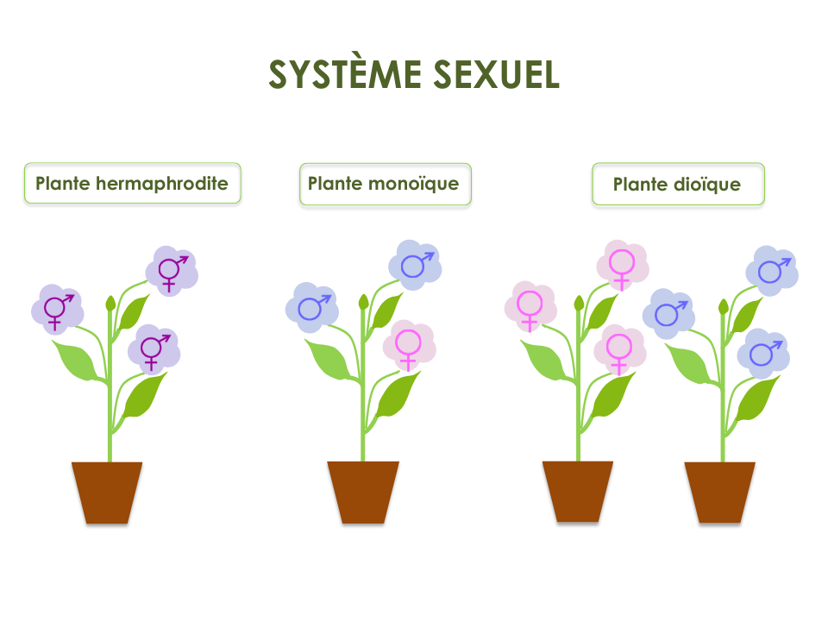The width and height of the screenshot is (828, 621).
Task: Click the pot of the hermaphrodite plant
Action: coord(107,492)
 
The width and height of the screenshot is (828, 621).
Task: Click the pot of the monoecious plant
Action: coord(363,492)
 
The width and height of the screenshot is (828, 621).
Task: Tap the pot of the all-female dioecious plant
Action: coord(578,491)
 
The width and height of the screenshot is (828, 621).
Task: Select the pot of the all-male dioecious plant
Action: coord(720,492)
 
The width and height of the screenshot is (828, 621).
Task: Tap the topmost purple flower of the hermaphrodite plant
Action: coord(171,270)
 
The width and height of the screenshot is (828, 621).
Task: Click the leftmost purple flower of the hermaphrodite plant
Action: coord(57,308)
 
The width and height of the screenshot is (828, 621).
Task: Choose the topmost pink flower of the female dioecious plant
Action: coord(622,264)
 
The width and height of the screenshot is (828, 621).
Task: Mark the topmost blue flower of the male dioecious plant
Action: coord(771,270)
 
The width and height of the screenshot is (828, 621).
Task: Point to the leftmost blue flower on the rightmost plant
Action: coord(668,313)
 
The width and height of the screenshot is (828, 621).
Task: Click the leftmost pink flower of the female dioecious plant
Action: coord(530,306)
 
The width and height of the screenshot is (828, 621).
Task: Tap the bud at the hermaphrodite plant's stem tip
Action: coord(110,303)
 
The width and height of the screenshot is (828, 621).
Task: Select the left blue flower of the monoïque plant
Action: coord(310,307)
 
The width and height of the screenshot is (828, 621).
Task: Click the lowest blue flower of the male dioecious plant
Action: coord(762,353)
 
